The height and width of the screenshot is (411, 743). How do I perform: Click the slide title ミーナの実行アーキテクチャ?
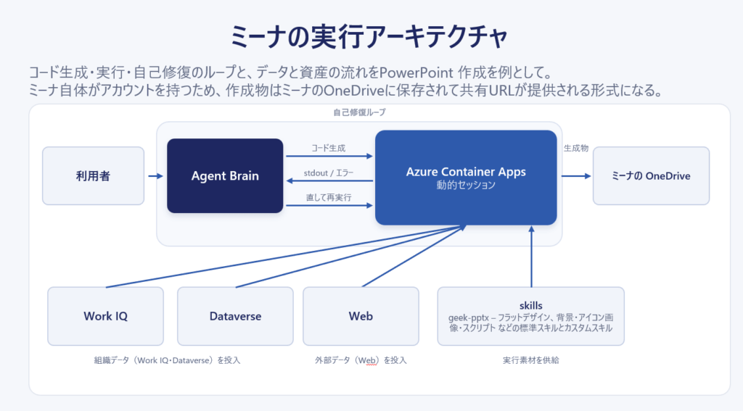click(369, 37)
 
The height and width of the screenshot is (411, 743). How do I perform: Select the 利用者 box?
click(94, 175)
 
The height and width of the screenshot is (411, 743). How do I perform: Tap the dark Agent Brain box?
click(225, 175)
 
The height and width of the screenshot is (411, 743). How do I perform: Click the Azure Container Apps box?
click(466, 178)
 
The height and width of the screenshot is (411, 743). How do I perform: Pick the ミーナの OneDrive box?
click(651, 175)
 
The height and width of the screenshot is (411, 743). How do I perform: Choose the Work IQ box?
click(106, 316)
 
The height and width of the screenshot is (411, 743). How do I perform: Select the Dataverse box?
click(236, 316)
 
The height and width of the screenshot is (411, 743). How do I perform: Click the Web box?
click(361, 316)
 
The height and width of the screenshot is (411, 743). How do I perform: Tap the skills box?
click(530, 316)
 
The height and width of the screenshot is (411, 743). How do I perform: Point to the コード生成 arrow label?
click(329, 148)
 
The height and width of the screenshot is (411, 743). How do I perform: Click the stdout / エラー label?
click(329, 173)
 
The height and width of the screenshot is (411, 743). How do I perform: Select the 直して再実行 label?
click(329, 197)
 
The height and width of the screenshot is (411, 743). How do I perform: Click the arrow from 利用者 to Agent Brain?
click(155, 176)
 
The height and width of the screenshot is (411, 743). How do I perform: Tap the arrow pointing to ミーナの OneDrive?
click(576, 176)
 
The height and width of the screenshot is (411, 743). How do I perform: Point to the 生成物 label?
click(576, 148)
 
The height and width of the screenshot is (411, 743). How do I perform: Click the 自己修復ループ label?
click(359, 112)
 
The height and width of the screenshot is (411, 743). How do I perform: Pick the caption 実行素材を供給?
click(530, 360)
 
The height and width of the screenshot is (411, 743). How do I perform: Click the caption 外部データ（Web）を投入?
click(361, 360)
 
